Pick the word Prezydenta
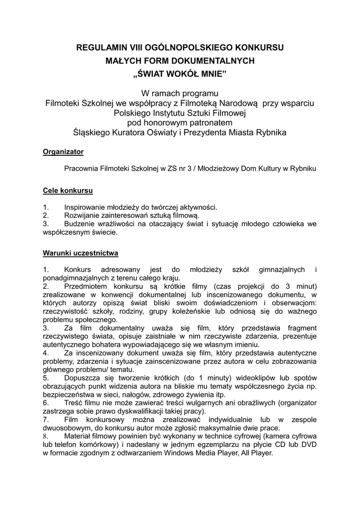pos(211,132)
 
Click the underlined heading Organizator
pos(63,151)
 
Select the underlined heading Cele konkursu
pos(68,190)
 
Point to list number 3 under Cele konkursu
pos(46,224)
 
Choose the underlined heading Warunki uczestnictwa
pos(80,253)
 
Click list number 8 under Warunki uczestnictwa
pos(46,437)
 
